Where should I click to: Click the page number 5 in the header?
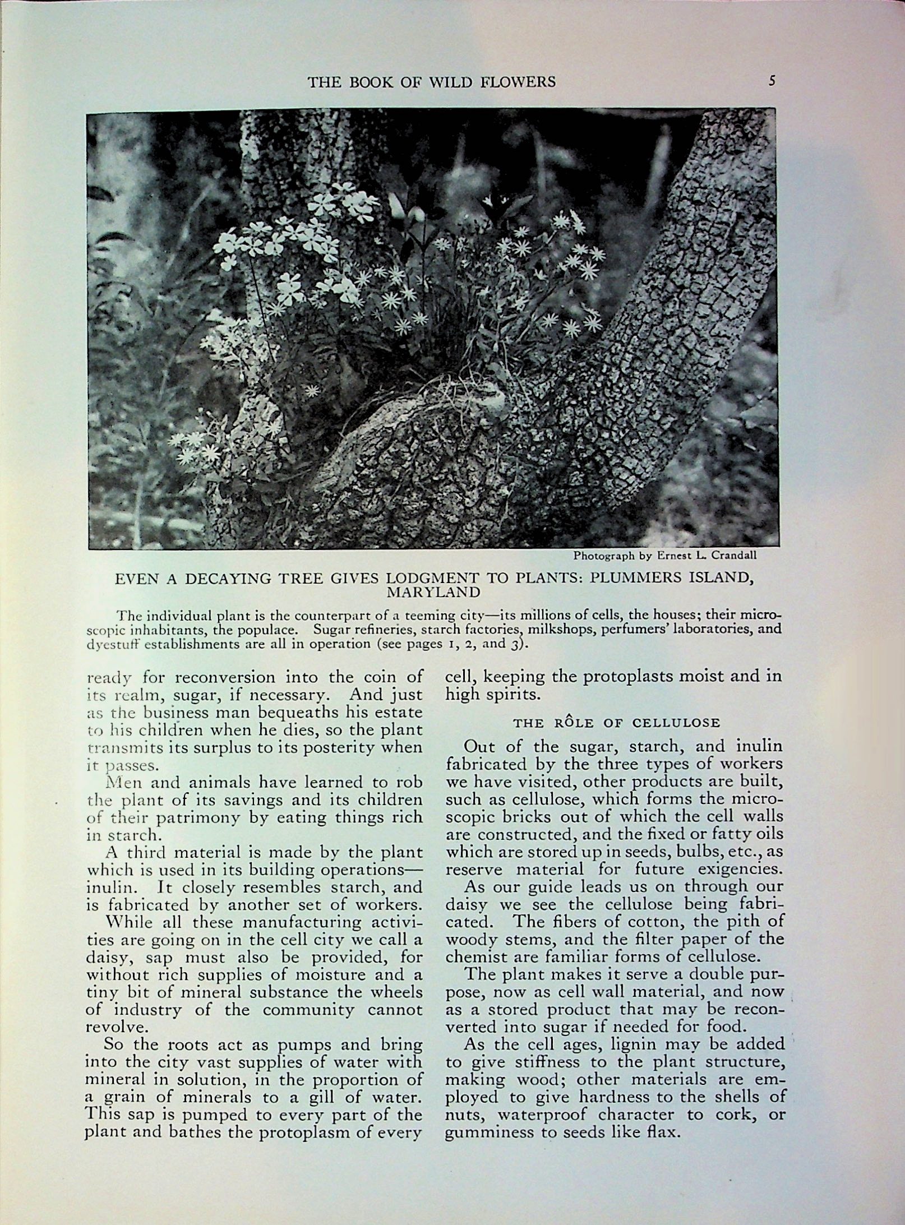coord(772,81)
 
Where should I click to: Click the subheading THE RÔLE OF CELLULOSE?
coord(616,723)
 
